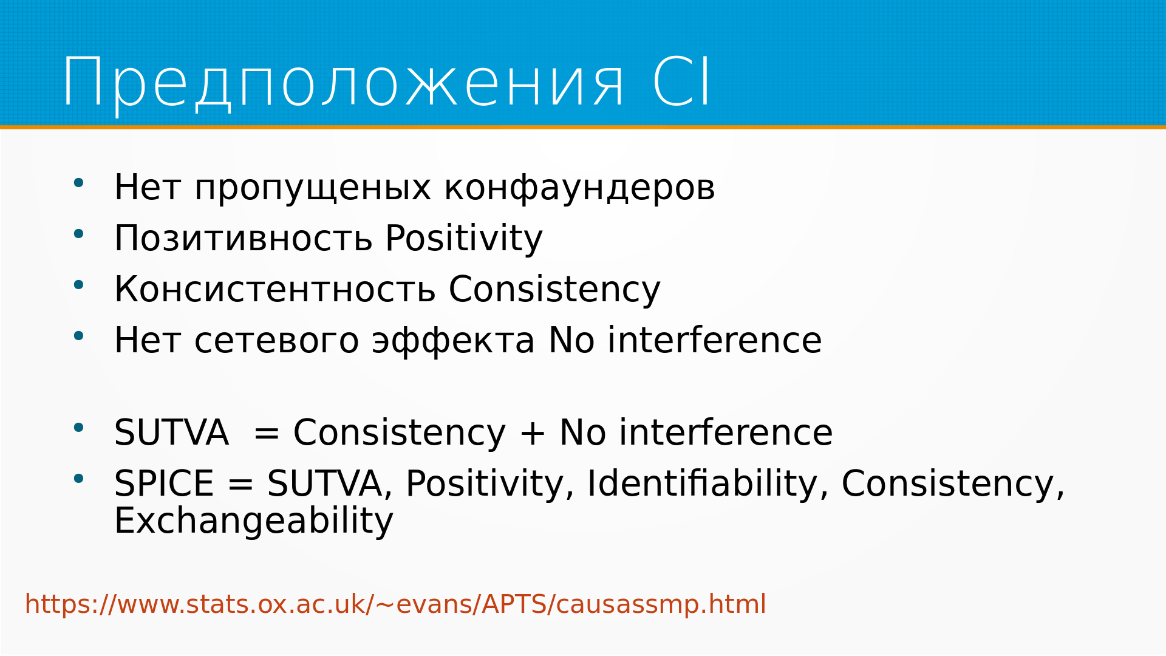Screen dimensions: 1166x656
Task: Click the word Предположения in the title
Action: pyautogui.click(x=343, y=84)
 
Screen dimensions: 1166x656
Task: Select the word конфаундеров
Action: pyautogui.click(x=579, y=188)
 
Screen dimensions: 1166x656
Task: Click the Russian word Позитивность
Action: pyautogui.click(x=244, y=238)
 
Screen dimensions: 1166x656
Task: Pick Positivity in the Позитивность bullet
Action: pyautogui.click(x=464, y=238)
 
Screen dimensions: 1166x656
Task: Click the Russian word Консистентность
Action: pyautogui.click(x=275, y=289)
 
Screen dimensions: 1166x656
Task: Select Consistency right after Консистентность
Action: pyautogui.click(x=554, y=289)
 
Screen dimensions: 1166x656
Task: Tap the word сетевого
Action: pyautogui.click(x=277, y=341)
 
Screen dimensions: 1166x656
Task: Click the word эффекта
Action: pyautogui.click(x=454, y=340)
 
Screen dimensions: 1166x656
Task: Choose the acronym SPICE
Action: pyautogui.click(x=164, y=483)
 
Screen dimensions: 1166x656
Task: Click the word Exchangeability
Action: pyautogui.click(x=254, y=521)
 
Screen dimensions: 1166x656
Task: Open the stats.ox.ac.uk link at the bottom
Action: pyautogui.click(x=395, y=604)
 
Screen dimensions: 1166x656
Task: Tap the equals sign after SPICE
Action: pyautogui.click(x=240, y=485)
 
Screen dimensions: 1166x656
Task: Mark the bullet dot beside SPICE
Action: pyautogui.click(x=78, y=479)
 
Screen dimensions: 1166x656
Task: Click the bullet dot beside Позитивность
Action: pyautogui.click(x=78, y=233)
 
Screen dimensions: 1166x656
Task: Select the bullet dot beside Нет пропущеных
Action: pyautogui.click(x=78, y=182)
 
